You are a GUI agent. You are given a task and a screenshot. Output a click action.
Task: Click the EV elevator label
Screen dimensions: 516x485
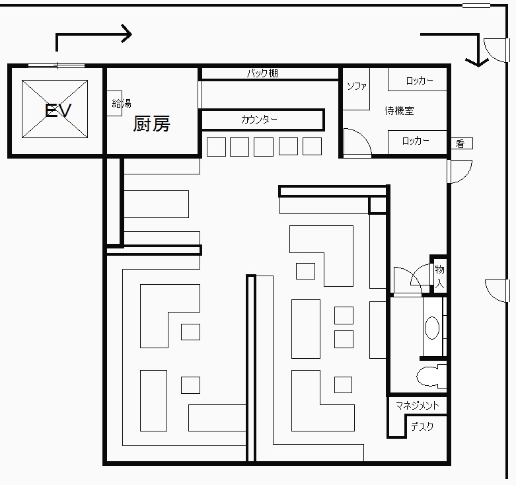pyautogui.click(x=57, y=110)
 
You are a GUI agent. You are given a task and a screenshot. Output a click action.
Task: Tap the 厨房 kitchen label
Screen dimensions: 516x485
pyautogui.click(x=151, y=124)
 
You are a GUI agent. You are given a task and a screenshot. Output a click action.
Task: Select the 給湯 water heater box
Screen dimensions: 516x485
pyautogui.click(x=114, y=103)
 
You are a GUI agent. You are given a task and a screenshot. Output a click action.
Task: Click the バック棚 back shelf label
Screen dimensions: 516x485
pyautogui.click(x=262, y=73)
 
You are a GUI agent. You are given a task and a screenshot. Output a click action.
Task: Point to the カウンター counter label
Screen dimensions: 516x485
pyautogui.click(x=259, y=119)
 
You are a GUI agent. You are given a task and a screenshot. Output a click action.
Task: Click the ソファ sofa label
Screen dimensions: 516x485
pyautogui.click(x=356, y=86)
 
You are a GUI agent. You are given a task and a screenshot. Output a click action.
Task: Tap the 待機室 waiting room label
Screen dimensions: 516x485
pyautogui.click(x=399, y=110)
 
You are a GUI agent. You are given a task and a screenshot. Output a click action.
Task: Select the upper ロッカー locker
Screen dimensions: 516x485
pyautogui.click(x=418, y=79)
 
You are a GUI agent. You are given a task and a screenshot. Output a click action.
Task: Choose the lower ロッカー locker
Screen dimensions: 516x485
pyautogui.click(x=418, y=142)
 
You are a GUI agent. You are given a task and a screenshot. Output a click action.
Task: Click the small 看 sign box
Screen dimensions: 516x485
pyautogui.click(x=462, y=143)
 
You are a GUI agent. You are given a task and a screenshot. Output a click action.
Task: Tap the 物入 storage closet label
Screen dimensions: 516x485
pyautogui.click(x=439, y=276)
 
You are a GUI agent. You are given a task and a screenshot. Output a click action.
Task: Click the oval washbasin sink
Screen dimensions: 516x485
pyautogui.click(x=432, y=328)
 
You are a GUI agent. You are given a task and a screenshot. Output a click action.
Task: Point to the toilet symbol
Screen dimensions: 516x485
pyautogui.click(x=431, y=376)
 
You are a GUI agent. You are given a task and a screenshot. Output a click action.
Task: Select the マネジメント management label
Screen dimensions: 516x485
pyautogui.click(x=418, y=405)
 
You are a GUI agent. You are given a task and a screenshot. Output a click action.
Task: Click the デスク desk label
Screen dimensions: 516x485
pyautogui.click(x=422, y=427)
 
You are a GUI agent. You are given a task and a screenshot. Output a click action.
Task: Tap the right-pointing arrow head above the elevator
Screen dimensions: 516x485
pyautogui.click(x=127, y=34)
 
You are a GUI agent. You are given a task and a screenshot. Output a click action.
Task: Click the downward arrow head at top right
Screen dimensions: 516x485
pyautogui.click(x=477, y=62)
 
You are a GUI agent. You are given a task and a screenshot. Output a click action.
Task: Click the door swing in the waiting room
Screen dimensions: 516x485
pyautogui.click(x=358, y=141)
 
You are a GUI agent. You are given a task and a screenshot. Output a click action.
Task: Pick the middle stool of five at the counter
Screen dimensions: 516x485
pyautogui.click(x=264, y=147)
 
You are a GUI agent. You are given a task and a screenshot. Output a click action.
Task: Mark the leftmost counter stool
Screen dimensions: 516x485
pyautogui.click(x=216, y=147)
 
